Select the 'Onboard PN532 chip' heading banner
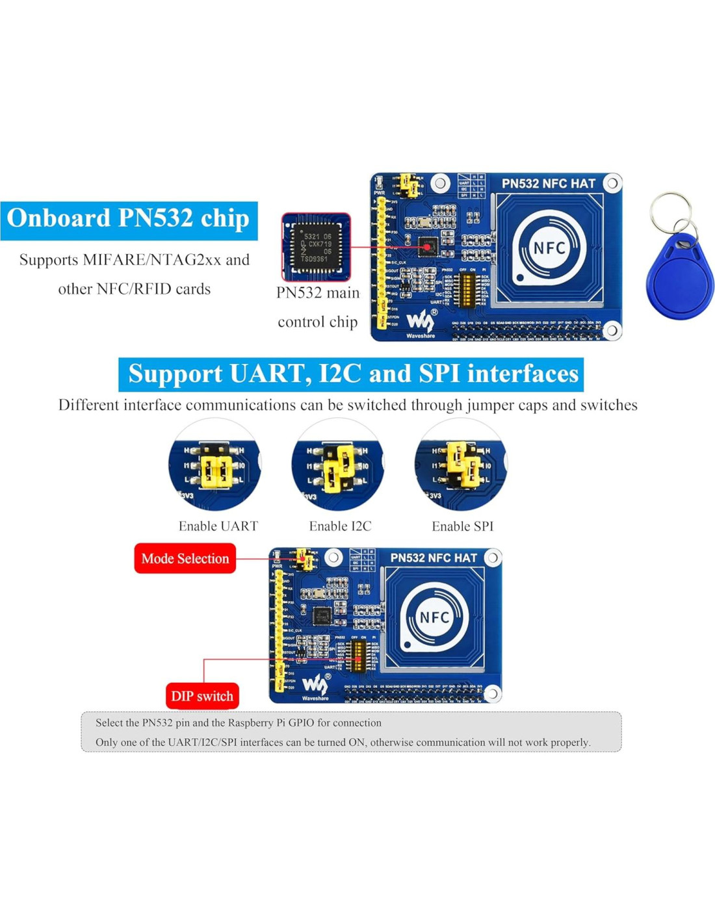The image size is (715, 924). (x=129, y=220)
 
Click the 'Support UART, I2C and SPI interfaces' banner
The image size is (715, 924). (x=352, y=374)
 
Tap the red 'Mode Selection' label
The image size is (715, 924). (x=185, y=559)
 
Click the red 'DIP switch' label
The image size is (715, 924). (x=202, y=696)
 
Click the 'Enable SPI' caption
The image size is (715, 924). (x=462, y=526)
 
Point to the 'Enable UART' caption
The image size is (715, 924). (x=218, y=526)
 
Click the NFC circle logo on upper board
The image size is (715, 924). (x=549, y=248)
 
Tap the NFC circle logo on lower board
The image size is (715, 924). (x=434, y=618)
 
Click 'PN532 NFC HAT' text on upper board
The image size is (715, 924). (x=548, y=184)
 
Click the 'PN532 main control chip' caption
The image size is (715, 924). (x=318, y=307)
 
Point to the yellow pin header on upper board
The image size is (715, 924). (x=381, y=263)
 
